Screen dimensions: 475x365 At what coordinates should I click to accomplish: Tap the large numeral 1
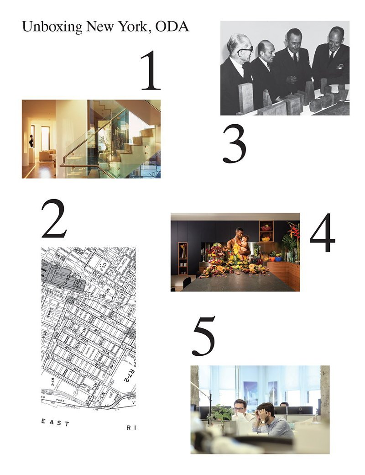[x=151, y=71]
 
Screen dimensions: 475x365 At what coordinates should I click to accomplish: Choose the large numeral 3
[x=235, y=144]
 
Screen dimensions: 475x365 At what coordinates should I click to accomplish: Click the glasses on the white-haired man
[x=245, y=48]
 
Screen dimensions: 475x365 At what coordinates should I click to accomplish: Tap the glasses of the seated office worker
[x=240, y=407]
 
